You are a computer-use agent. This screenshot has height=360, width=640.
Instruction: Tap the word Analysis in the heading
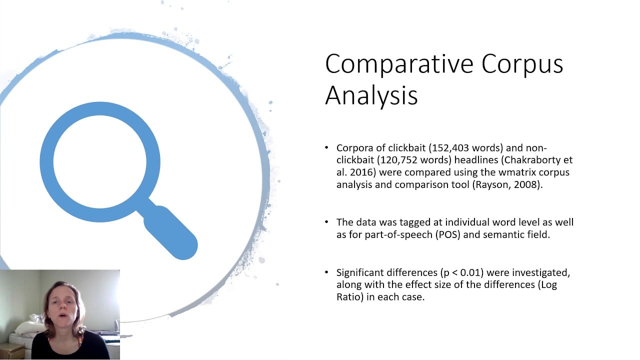[371, 95]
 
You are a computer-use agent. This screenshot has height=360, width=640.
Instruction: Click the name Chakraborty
[532, 159]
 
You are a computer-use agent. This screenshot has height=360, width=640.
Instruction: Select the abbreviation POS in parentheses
[447, 234]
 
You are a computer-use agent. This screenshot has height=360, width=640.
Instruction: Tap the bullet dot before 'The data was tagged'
[326, 222]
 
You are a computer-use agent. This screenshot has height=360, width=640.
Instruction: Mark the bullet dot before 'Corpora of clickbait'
[326, 147]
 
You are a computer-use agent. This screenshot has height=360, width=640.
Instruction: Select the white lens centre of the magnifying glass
[99, 161]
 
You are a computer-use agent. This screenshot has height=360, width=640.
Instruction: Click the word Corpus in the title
[522, 64]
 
